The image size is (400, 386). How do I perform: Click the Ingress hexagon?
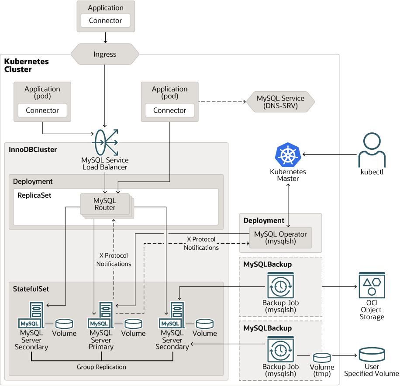point(105,54)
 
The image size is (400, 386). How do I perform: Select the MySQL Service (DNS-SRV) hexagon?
point(280,102)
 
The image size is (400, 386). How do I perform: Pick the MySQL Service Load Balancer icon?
point(105,142)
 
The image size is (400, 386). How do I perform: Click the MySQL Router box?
point(105,204)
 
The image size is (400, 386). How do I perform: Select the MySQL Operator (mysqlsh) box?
point(280,238)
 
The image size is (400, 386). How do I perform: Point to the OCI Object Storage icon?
point(372,286)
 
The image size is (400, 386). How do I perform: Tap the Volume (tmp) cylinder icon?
point(322,357)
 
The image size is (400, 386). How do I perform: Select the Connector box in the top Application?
point(106,21)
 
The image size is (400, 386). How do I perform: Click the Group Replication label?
point(101,367)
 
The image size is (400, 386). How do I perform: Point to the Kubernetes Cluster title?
point(26,65)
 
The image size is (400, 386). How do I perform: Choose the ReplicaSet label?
point(34,195)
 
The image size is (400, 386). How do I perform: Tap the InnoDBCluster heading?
point(33,149)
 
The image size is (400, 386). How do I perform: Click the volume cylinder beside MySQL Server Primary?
point(133,324)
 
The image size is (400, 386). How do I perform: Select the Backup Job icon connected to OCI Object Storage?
point(280,286)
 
